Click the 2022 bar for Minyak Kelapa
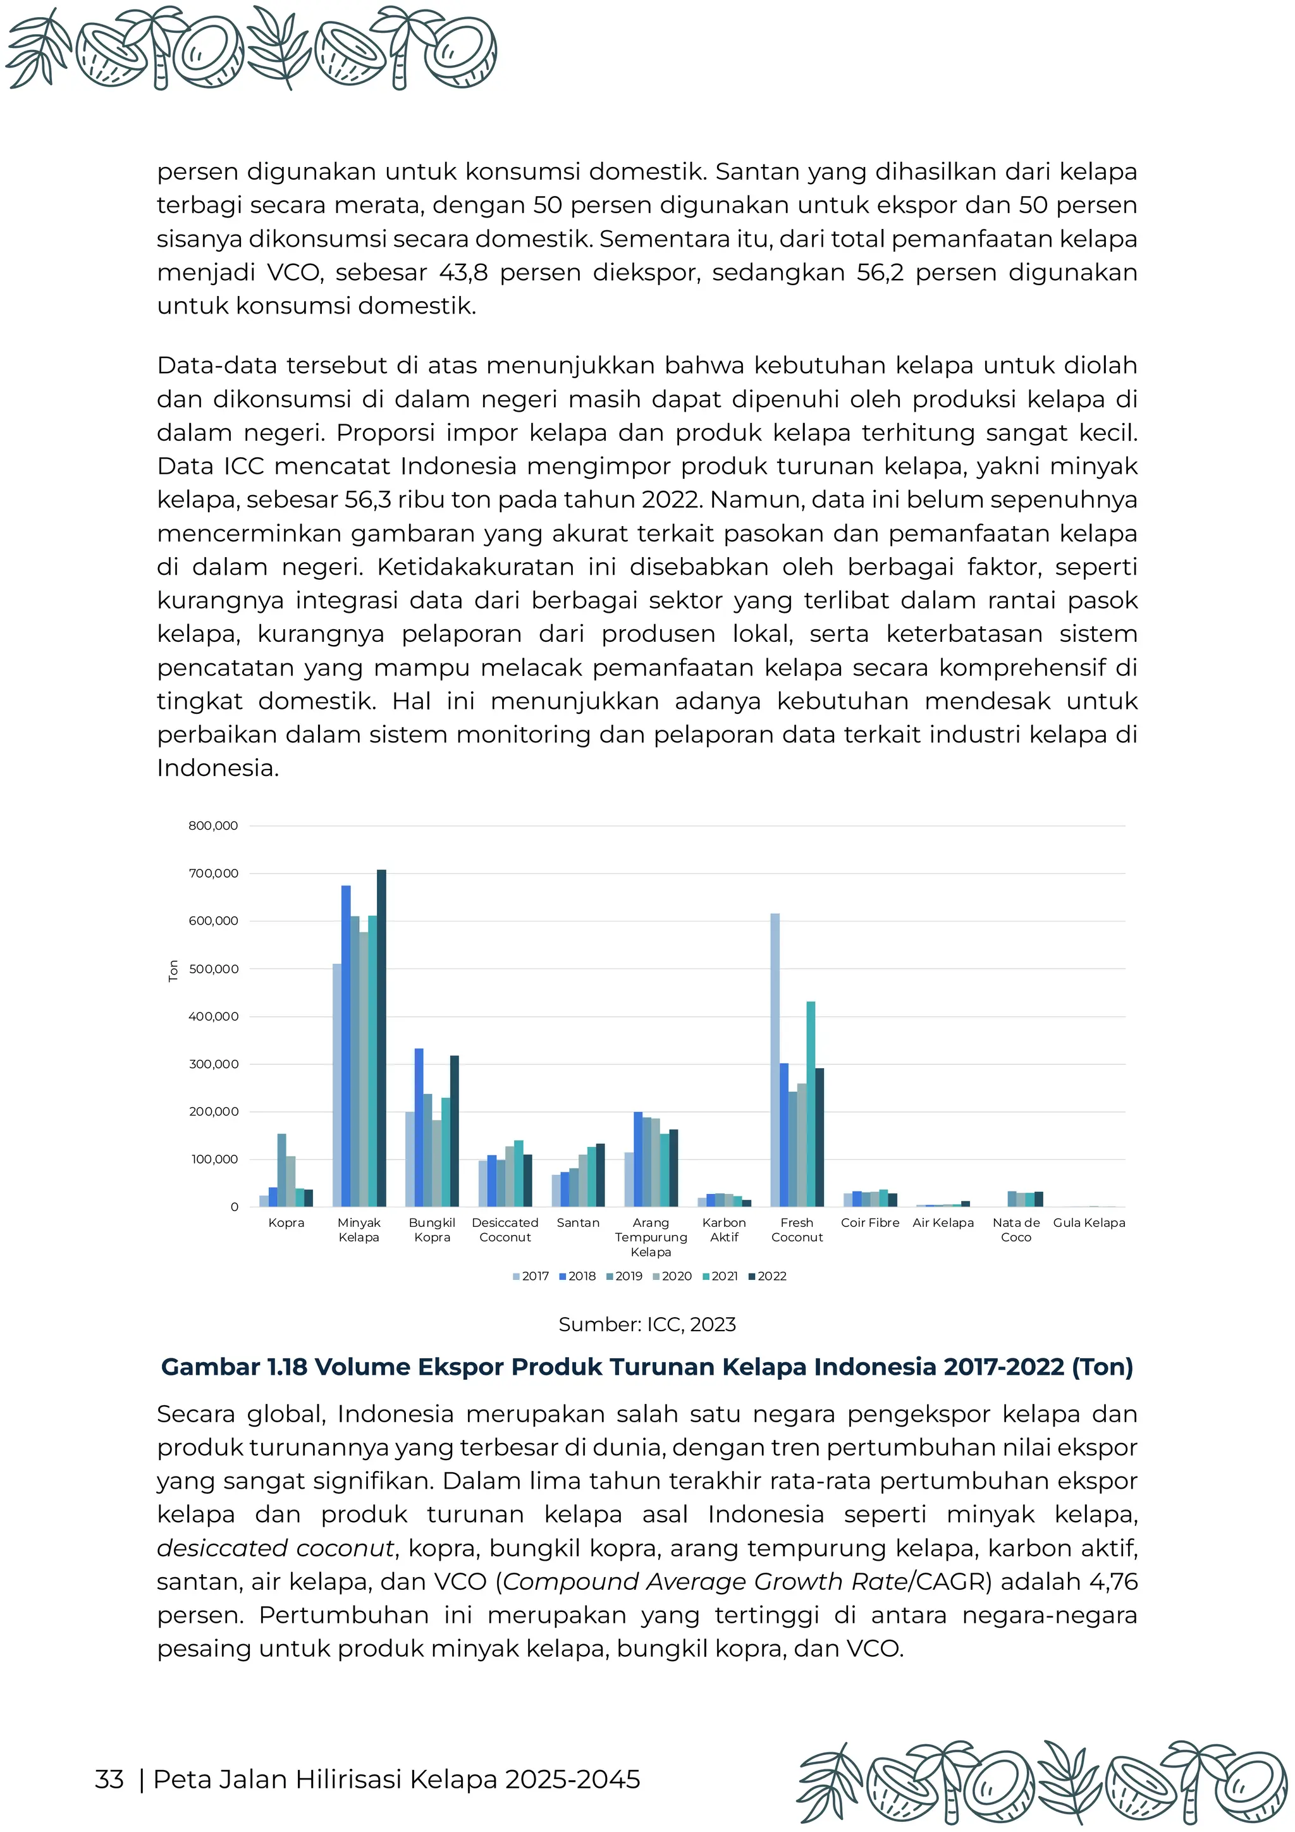click(x=381, y=1037)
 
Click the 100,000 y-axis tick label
click(x=213, y=1159)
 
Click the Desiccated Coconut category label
click(x=505, y=1229)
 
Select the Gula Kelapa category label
click(x=1089, y=1222)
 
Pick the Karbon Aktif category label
click(x=724, y=1229)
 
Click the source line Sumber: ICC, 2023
click(x=647, y=1325)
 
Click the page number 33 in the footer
click(x=109, y=1780)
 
